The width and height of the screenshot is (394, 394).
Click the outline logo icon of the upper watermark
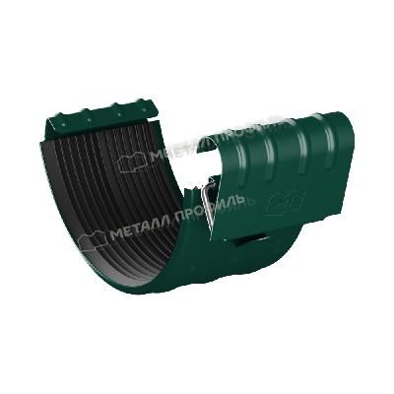(133, 162)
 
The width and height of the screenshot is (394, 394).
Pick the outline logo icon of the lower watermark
(93, 238)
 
